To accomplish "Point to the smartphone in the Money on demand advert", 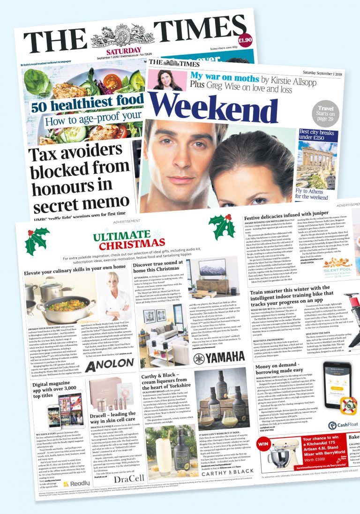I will [338, 387].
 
